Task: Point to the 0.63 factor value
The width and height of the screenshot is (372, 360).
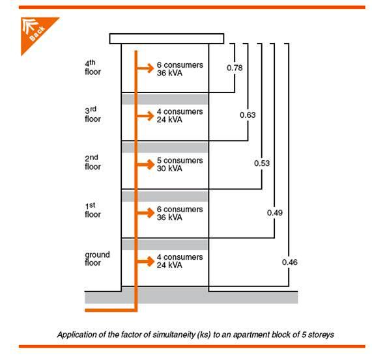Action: [x=248, y=115]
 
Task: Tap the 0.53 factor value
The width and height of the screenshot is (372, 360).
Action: [x=261, y=163]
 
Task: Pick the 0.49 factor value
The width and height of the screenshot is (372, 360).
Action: [x=275, y=213]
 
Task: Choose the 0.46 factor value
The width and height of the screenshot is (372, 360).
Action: [x=289, y=262]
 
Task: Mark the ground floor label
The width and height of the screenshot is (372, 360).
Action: [x=97, y=258]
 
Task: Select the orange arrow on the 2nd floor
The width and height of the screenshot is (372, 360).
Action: [x=145, y=164]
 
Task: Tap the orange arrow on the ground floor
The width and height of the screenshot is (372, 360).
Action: [x=145, y=261]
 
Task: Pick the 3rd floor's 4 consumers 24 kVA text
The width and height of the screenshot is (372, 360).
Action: [x=179, y=116]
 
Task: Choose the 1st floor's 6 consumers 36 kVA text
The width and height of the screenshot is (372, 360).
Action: [x=179, y=213]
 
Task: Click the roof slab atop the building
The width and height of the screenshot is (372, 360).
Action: [x=167, y=38]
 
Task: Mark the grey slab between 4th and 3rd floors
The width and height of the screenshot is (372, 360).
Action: [x=165, y=98]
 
